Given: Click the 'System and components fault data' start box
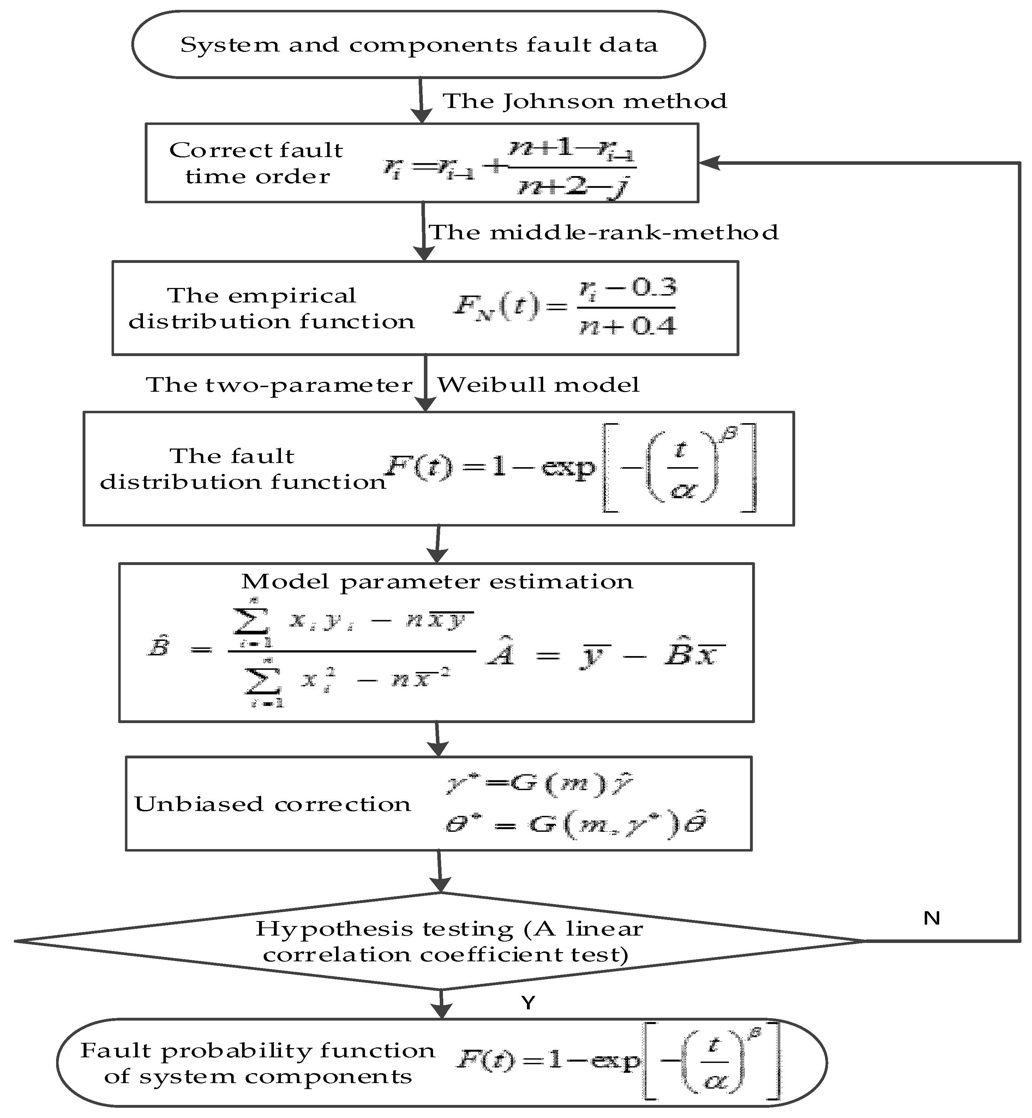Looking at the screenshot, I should (x=419, y=45).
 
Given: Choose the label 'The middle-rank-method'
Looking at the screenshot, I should (x=603, y=232).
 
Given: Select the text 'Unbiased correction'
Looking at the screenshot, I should (x=272, y=804).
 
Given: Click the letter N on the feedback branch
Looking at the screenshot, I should (x=931, y=918).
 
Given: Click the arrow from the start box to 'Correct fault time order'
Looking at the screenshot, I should (x=421, y=101).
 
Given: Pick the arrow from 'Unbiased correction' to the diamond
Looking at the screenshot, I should (x=440, y=872).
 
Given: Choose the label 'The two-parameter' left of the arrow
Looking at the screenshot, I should (x=279, y=385).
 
